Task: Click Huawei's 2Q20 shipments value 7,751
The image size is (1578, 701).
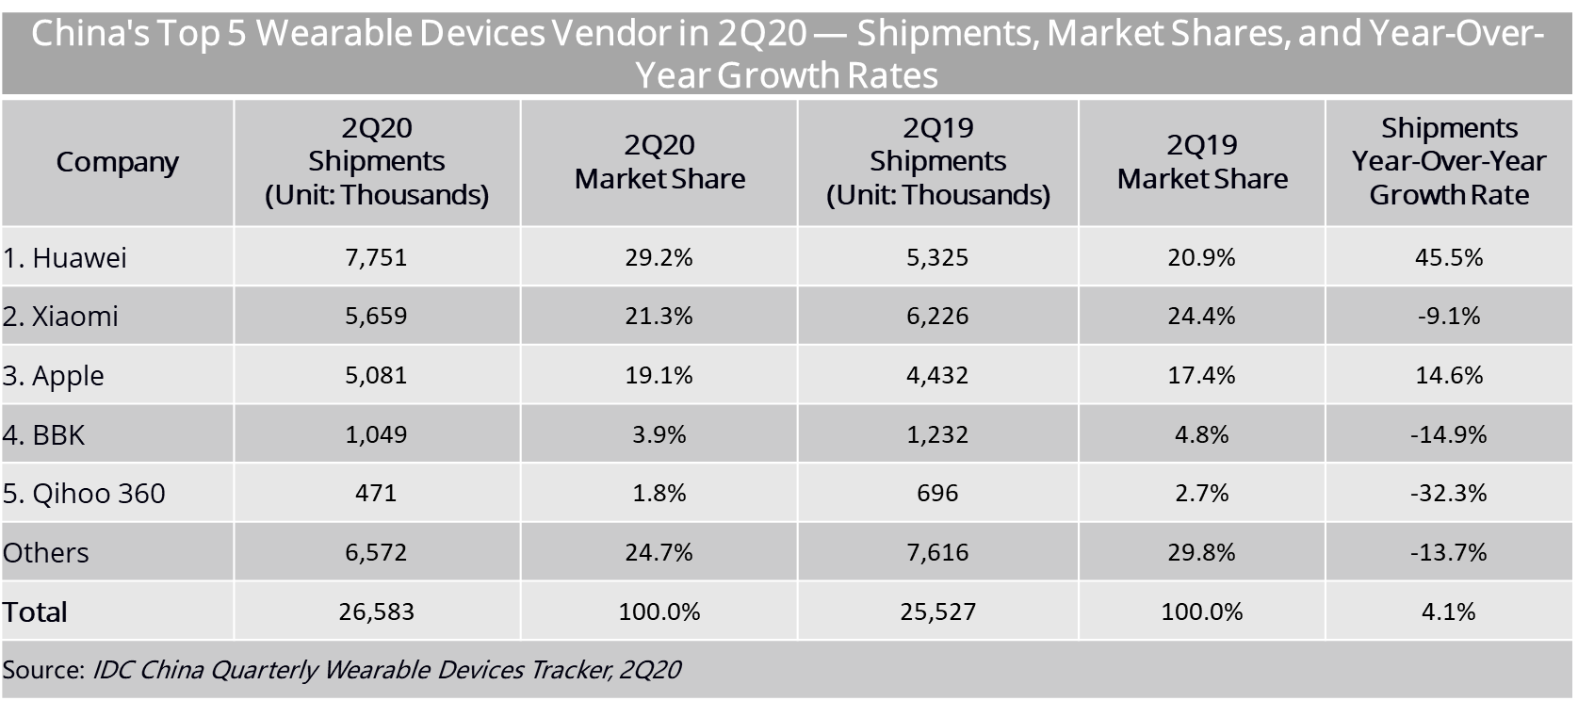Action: pos(376,257)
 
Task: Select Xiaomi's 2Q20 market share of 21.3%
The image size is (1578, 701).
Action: pos(659,316)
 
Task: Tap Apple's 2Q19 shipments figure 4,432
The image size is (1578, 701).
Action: pos(937,375)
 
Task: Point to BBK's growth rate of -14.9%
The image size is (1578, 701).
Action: pos(1448,434)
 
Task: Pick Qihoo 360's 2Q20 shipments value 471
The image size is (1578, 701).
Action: pos(376,493)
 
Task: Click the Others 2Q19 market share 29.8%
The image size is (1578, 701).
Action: pos(1201,552)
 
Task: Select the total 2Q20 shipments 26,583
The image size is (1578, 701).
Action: pos(376,611)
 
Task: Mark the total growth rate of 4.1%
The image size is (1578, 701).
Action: pos(1448,611)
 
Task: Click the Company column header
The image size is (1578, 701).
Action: pos(117,162)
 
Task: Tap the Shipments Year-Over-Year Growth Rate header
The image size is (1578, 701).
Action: pos(1449,161)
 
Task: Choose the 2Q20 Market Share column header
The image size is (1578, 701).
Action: pos(659,162)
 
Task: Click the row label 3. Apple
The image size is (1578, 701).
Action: pos(53,376)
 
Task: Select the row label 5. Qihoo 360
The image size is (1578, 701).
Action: pos(84,494)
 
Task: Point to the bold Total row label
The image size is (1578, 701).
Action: pos(35,612)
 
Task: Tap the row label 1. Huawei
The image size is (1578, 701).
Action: pos(64,258)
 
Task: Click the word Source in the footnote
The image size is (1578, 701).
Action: pos(42,670)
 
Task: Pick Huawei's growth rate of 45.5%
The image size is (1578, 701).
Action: pos(1448,257)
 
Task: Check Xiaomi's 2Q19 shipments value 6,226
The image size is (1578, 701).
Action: pos(937,316)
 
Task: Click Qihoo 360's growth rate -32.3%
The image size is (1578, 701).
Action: pos(1448,493)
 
